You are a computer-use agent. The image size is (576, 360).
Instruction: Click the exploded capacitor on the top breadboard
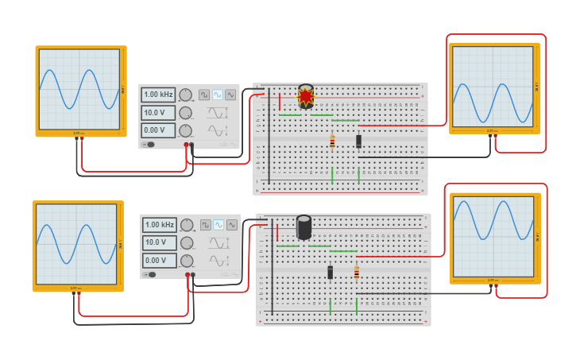[x=306, y=96]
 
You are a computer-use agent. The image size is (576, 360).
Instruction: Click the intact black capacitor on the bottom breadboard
[x=303, y=226]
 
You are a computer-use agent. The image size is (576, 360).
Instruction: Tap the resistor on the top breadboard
[x=332, y=141]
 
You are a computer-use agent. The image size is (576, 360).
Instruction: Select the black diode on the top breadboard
[x=358, y=141]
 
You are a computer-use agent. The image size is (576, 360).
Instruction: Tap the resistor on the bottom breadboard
[x=357, y=272]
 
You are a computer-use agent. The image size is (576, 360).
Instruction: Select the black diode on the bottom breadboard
[x=331, y=272]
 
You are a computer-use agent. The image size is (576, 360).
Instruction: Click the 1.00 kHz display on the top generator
[x=159, y=95]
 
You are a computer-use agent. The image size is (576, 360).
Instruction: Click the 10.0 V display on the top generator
[x=159, y=112]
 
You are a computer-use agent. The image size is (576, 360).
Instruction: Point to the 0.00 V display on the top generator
[x=159, y=130]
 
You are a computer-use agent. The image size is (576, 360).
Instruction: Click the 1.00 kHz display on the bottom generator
[x=160, y=225]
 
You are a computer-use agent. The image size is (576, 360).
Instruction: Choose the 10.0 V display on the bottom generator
[x=160, y=242]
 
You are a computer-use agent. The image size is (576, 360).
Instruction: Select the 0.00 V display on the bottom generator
[x=160, y=260]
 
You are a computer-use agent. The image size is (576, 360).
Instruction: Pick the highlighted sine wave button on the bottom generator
[x=218, y=225]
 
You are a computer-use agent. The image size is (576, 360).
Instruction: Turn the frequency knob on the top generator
[x=186, y=95]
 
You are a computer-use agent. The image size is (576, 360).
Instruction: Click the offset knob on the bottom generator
[x=187, y=261]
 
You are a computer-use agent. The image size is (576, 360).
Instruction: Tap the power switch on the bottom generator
[x=149, y=275]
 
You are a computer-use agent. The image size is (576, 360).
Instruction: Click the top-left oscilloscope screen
[x=79, y=89]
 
